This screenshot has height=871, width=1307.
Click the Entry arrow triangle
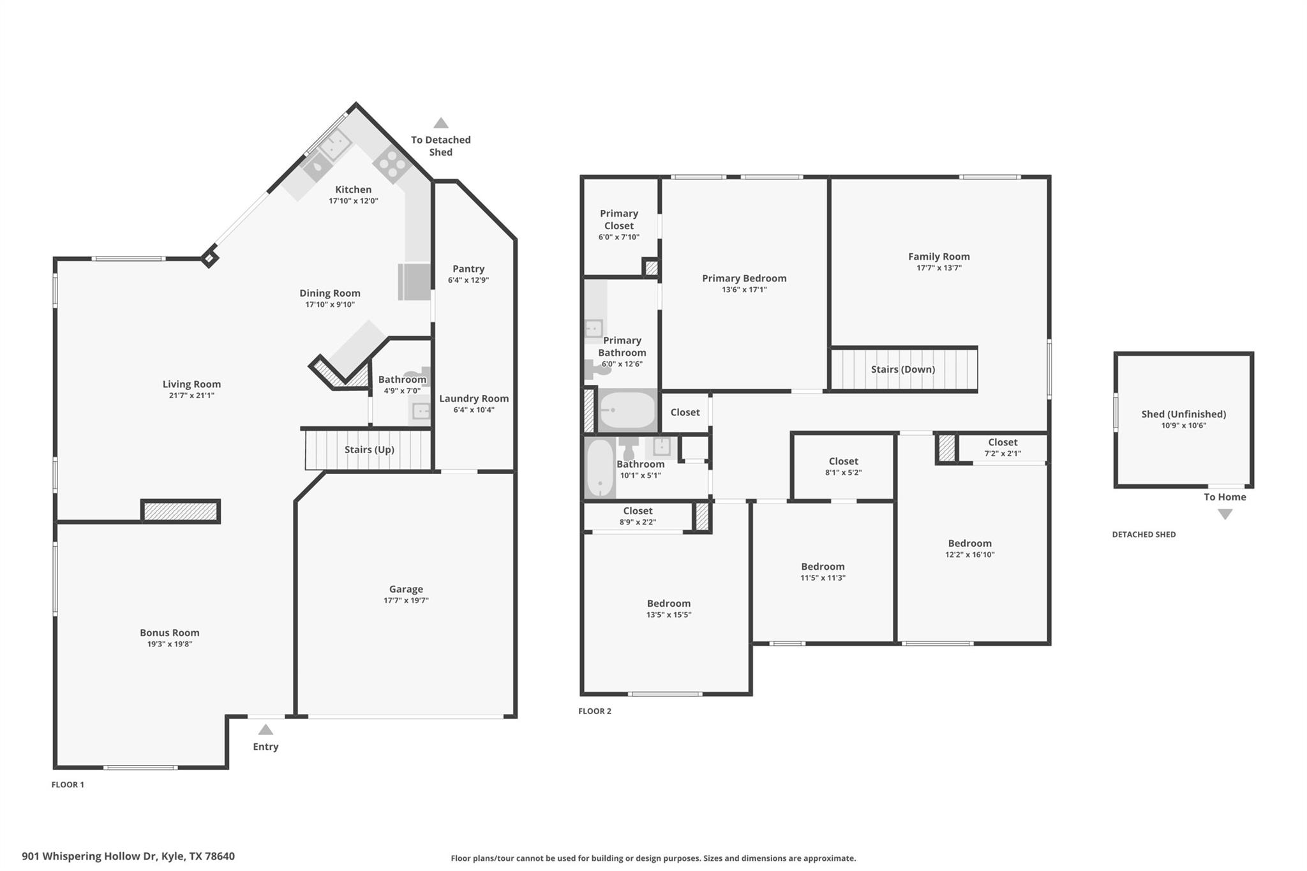coord(265,730)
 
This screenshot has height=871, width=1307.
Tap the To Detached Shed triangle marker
coord(440,123)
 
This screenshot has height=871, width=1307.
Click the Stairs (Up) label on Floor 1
coord(369,449)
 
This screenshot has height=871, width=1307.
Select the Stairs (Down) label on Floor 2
coord(902,369)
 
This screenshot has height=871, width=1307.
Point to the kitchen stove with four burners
coord(391,163)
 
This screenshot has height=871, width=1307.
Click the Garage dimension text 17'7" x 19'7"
coord(406,600)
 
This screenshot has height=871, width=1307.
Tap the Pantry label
coord(468,269)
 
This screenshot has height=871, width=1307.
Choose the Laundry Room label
coord(474,398)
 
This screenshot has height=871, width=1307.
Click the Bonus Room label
coord(169,632)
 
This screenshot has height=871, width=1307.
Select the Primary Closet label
coord(618,220)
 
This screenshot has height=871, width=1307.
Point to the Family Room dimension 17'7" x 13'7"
coord(939,268)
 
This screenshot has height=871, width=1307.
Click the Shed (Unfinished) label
coord(1183,414)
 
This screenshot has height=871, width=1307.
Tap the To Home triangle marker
coord(1225,514)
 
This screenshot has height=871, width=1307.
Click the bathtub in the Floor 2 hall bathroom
coord(600,467)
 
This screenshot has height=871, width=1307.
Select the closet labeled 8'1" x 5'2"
coord(843,466)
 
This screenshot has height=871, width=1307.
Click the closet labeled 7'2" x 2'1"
coord(1002,447)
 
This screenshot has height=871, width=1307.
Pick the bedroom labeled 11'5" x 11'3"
coord(823,572)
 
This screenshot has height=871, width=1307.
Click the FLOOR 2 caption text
coord(594,711)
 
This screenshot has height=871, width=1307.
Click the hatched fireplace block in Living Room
coord(181,511)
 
